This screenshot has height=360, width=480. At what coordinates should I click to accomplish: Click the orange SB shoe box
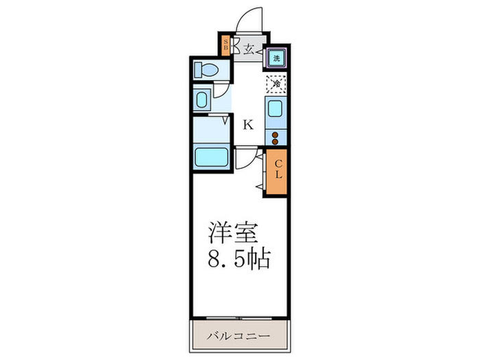pos(225,47)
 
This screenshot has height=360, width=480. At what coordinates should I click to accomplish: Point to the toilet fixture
pos(206,69)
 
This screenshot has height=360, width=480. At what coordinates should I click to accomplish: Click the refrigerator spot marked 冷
pos(276,84)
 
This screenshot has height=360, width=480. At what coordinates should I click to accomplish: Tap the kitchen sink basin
pos(275,110)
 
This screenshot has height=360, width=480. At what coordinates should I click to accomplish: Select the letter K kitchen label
pos(248,125)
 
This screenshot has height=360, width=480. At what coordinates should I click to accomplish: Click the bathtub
pos(213,156)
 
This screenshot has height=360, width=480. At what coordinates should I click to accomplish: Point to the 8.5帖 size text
pos(239,260)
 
